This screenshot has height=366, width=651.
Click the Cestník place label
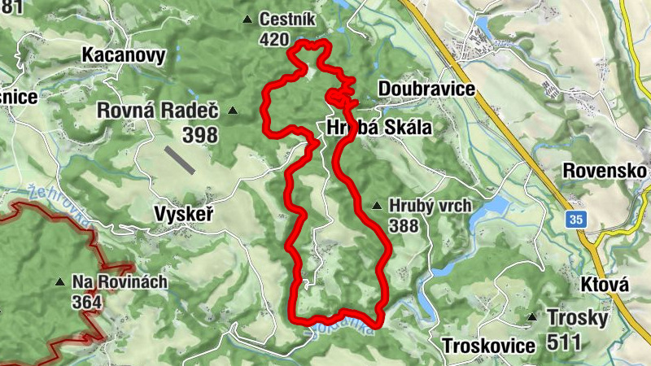tap(286, 20)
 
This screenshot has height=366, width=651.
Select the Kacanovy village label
tap(124, 55)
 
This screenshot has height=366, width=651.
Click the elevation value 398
tap(200, 134)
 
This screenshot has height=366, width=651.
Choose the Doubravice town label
tap(426, 89)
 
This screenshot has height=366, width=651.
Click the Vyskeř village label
tap(183, 215)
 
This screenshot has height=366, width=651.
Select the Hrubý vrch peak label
tap(430, 206)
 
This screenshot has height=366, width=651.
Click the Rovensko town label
tap(605, 172)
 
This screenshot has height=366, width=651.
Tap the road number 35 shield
tap(576, 219)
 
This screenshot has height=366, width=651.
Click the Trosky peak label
tap(578, 317)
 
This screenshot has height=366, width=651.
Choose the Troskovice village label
tap(488, 345)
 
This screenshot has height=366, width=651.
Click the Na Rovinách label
tap(120, 282)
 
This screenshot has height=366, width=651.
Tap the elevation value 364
tap(86, 303)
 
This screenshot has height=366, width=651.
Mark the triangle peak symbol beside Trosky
tap(531, 317)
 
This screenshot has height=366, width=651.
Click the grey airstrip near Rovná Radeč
tap(179, 159)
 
